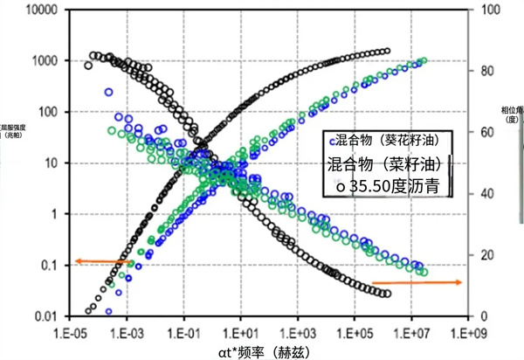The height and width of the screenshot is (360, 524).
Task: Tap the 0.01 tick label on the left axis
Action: coord(48,315)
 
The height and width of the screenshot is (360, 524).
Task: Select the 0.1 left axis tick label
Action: coord(51,265)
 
